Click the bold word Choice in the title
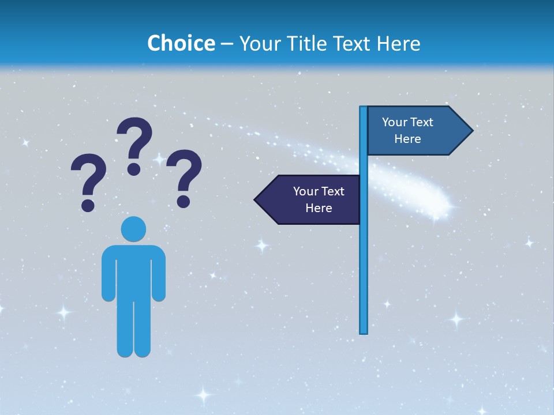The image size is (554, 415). point(181,43)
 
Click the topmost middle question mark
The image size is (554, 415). point(135,144)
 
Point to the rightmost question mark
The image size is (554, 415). point(184,176)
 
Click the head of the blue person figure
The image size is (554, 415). point(133,229)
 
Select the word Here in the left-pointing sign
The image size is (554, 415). point(319,208)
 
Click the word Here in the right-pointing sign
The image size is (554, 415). point(407,139)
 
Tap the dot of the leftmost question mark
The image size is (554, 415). point(88,205)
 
